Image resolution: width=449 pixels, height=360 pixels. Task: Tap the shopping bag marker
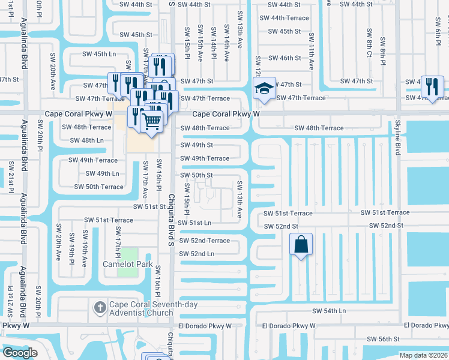click(301, 245)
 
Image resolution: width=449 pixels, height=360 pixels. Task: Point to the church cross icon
click(101, 308)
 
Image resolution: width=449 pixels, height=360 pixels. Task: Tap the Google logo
click(20, 352)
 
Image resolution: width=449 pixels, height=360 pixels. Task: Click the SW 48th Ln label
click(87, 140)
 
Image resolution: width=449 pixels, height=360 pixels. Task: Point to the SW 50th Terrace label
click(99, 187)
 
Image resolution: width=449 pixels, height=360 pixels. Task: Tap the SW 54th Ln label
click(329, 311)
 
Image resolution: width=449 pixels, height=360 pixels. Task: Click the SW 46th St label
click(285, 58)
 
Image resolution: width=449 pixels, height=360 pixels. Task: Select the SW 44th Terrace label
click(285, 18)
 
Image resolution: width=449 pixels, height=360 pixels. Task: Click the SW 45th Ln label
click(99, 54)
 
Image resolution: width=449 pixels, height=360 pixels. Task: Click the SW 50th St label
click(197, 175)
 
